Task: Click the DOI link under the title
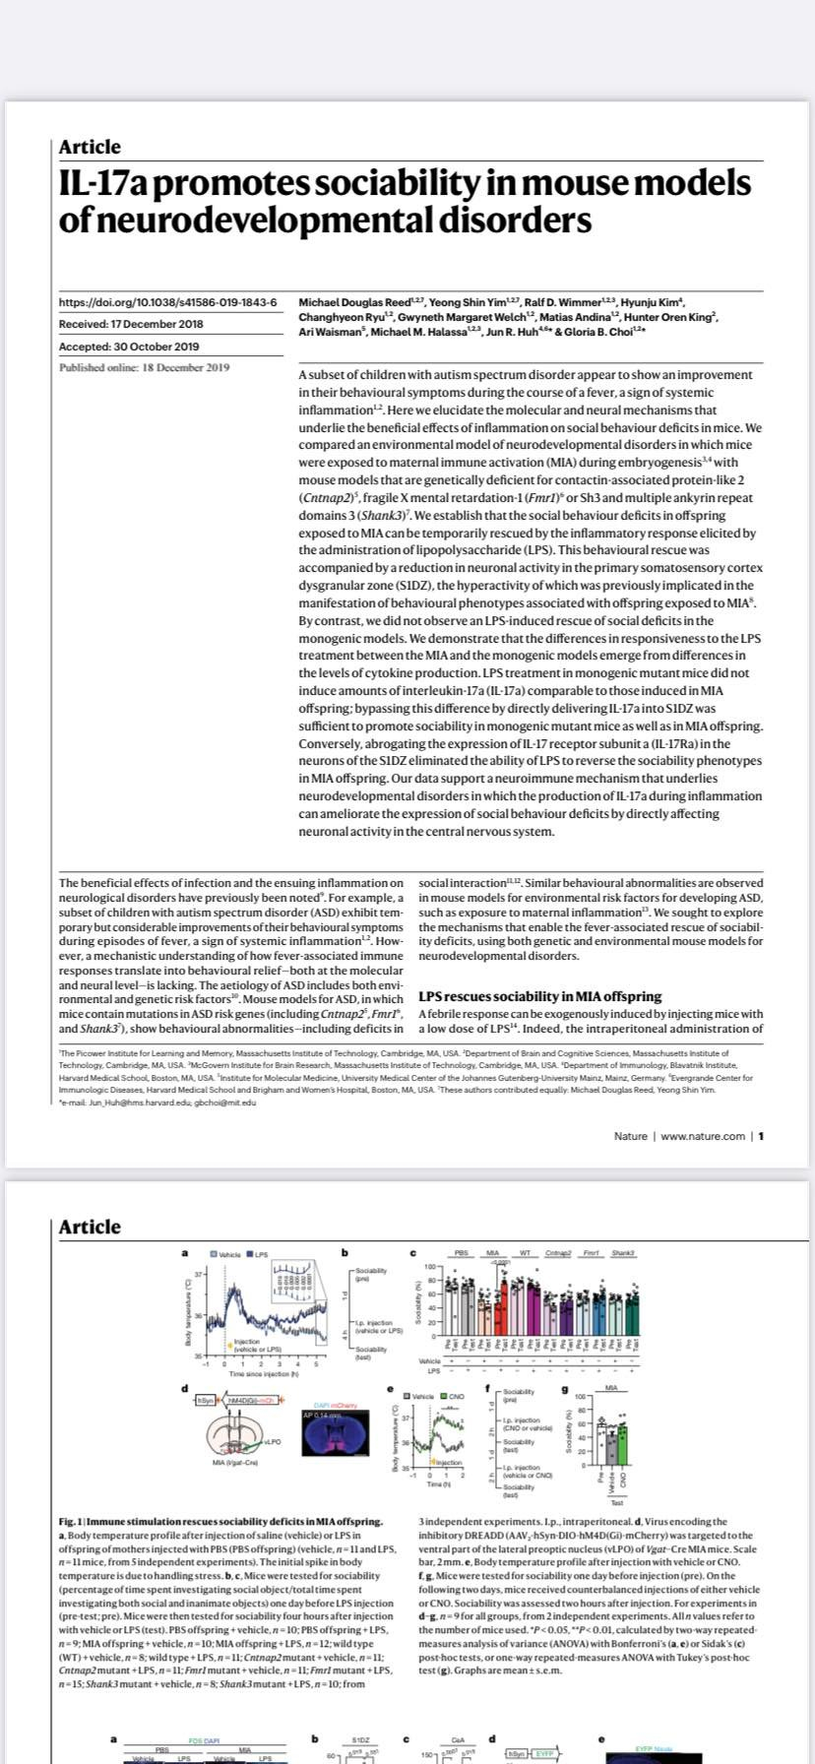pyautogui.click(x=167, y=302)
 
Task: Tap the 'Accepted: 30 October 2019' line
pyautogui.click(x=129, y=346)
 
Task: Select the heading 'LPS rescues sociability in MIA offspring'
pyautogui.click(x=539, y=996)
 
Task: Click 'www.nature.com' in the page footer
pyautogui.click(x=703, y=1136)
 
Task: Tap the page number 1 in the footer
pyautogui.click(x=761, y=1136)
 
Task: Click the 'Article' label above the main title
pyautogui.click(x=90, y=148)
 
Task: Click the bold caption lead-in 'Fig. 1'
pyautogui.click(x=71, y=1522)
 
